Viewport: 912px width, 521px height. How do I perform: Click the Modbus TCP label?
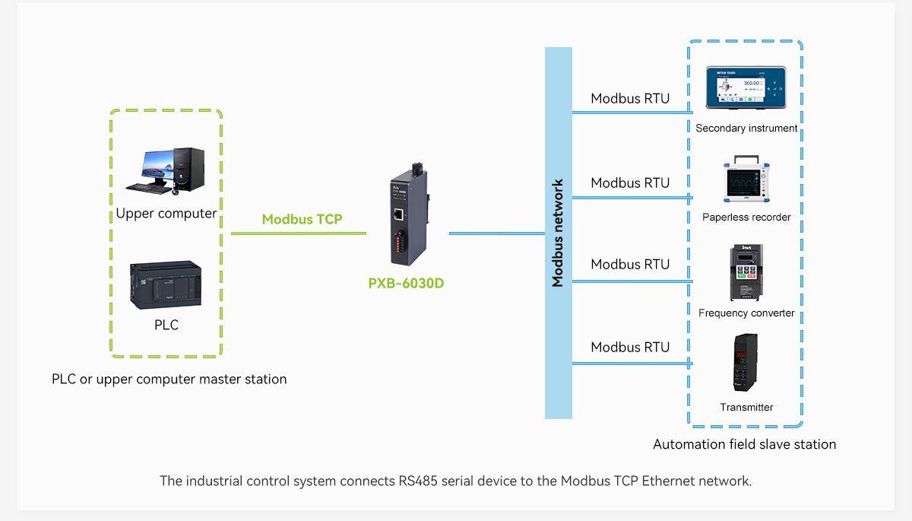click(x=302, y=219)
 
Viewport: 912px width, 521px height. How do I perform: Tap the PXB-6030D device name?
click(x=406, y=283)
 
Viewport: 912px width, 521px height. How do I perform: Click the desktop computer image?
click(x=165, y=169)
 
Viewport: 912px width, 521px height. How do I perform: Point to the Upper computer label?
click(x=166, y=214)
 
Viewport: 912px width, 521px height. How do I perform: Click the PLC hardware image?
click(x=166, y=285)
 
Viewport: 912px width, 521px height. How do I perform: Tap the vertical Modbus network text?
click(x=558, y=233)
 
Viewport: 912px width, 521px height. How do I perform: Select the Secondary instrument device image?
click(x=746, y=88)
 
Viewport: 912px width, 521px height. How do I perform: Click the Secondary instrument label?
click(x=746, y=129)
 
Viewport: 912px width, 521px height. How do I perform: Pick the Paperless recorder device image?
click(x=746, y=181)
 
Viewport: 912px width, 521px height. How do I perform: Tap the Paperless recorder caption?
click(x=746, y=218)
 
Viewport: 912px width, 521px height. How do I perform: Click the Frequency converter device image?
click(x=746, y=272)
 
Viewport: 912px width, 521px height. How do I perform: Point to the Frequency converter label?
click(x=746, y=313)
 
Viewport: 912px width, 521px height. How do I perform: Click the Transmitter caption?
click(x=746, y=408)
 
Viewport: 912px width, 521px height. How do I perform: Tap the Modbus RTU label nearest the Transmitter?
click(x=630, y=348)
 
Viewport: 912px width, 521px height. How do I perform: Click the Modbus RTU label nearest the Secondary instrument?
click(x=630, y=99)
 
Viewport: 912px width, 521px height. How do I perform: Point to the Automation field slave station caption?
click(x=744, y=445)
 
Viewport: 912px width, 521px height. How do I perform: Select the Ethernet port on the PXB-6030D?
click(x=398, y=214)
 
